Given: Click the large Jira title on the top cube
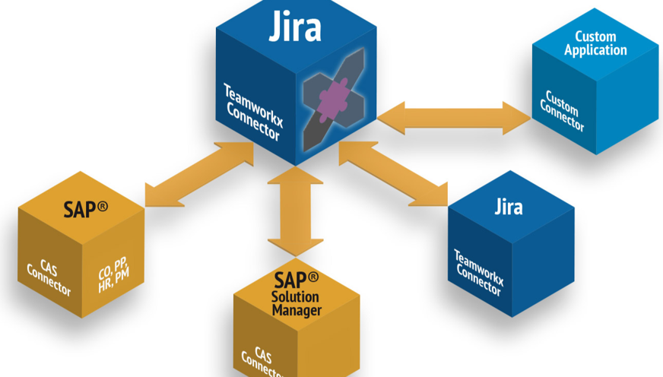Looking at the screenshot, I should [x=295, y=27].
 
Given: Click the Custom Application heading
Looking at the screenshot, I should [x=601, y=43].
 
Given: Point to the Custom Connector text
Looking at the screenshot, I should [x=562, y=111].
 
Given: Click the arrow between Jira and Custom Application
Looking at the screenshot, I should [x=454, y=118].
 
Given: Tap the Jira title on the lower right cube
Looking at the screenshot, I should [x=509, y=206].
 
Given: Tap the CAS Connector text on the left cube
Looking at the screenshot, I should [x=49, y=277].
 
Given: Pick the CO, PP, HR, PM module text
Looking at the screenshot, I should [x=113, y=274].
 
